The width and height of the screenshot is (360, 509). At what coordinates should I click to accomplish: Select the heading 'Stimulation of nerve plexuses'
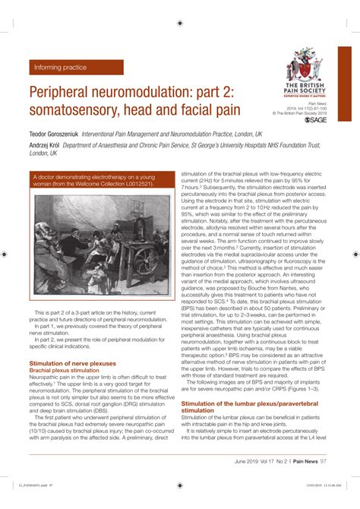click(x=72, y=364)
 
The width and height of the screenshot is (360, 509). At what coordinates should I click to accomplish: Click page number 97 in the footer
click(x=325, y=461)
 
